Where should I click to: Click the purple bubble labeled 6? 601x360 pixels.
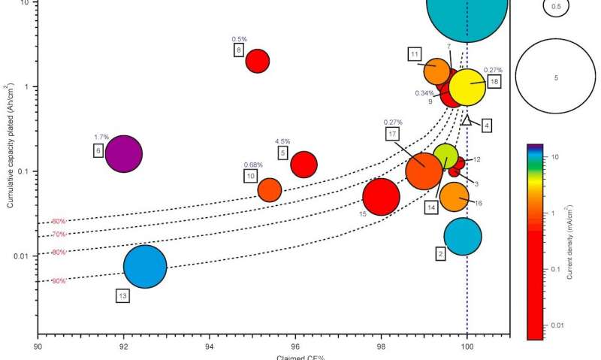click(x=123, y=154)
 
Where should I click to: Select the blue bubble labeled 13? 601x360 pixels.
click(x=145, y=267)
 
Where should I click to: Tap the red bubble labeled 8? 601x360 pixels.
click(x=258, y=60)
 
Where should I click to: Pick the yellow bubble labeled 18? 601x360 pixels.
click(x=467, y=88)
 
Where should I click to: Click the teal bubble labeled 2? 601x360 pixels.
click(x=463, y=236)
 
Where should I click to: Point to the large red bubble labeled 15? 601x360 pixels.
click(x=381, y=197)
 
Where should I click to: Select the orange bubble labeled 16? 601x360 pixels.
click(x=455, y=197)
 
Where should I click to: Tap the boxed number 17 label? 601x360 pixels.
click(x=392, y=134)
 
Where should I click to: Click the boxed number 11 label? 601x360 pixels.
click(x=414, y=54)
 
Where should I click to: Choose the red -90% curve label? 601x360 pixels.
click(x=59, y=281)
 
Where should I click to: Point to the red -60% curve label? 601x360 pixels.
click(x=59, y=221)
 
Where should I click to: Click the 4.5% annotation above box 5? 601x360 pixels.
click(x=282, y=141)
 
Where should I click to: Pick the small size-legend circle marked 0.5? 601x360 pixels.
click(x=556, y=7)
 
